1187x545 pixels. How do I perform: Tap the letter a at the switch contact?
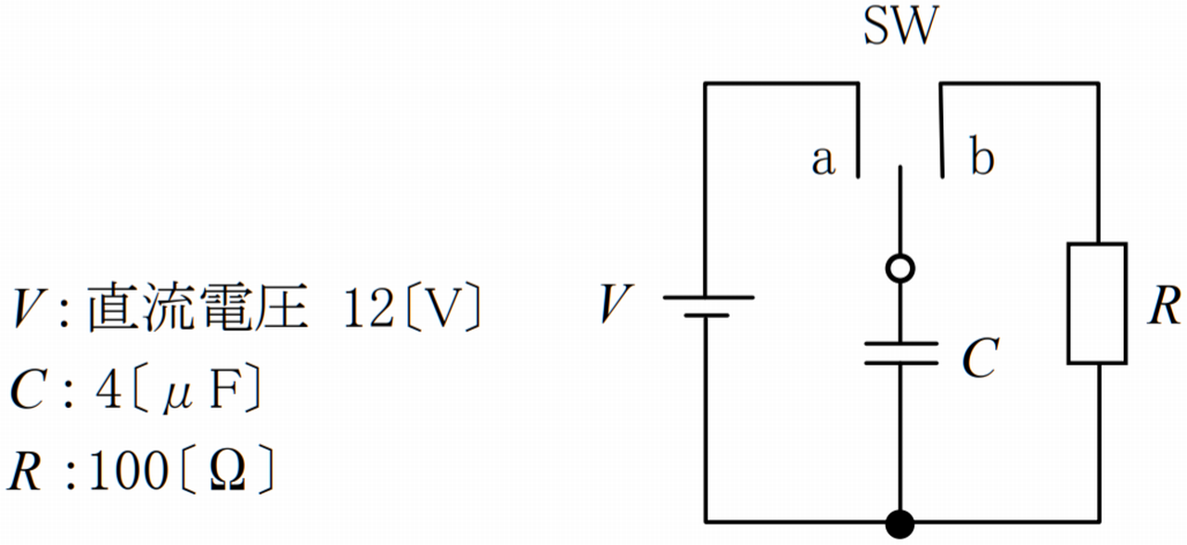tap(823, 159)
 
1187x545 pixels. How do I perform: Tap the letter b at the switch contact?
tap(982, 156)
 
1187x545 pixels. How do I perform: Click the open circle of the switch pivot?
tap(900, 269)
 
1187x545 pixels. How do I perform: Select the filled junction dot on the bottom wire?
tap(900, 524)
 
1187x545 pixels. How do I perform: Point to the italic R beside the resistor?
tap(1165, 305)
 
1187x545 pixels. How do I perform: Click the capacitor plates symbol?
tap(900, 353)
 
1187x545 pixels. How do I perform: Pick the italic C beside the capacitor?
tap(981, 358)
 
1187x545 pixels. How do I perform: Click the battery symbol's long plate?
tap(708, 298)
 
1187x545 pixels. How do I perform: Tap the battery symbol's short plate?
tap(707, 315)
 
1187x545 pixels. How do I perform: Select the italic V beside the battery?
tap(617, 303)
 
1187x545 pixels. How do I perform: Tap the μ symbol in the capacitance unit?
tap(177, 397)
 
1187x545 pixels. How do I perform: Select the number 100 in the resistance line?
tap(129, 470)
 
